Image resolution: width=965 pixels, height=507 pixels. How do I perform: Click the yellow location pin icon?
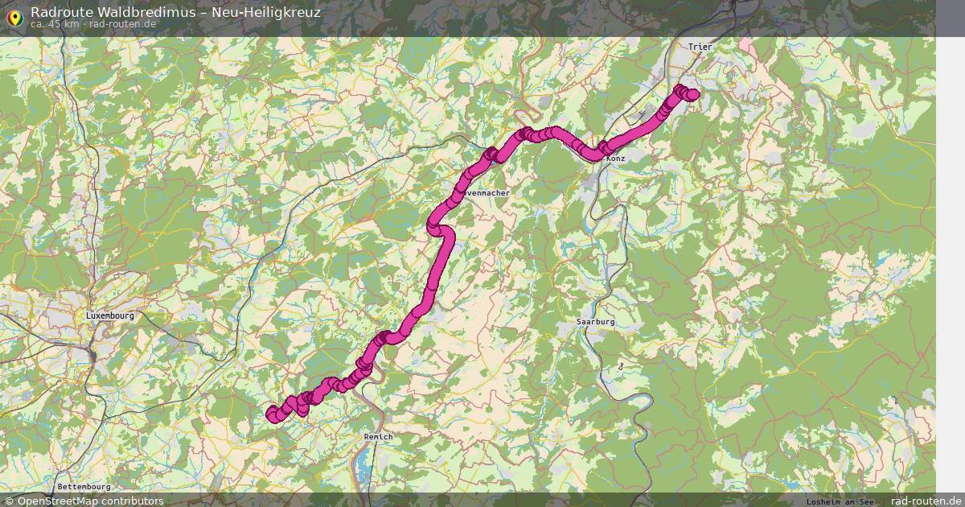(14, 17)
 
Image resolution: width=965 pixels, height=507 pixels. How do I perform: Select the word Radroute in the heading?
(58, 12)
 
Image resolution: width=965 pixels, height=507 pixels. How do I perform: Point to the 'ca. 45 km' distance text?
(55, 24)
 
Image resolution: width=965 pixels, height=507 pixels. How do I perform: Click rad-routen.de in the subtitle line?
(123, 24)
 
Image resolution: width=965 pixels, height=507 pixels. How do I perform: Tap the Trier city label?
(700, 47)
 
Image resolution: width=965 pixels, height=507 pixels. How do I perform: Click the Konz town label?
(616, 159)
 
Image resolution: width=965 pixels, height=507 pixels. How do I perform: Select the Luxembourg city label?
(110, 316)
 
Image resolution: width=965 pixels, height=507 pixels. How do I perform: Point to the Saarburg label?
(595, 321)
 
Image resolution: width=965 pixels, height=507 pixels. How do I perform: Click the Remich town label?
(378, 436)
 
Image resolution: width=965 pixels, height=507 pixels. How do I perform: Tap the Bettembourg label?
(84, 487)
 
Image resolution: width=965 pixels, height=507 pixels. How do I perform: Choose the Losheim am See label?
(840, 501)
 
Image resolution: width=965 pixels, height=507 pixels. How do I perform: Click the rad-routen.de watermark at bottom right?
(926, 501)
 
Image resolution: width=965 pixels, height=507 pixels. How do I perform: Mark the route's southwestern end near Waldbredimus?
(273, 414)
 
